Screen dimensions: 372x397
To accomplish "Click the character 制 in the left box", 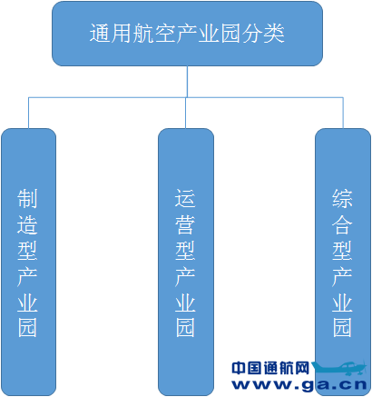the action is coord(27,199).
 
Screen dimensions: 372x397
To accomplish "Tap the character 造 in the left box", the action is coord(27,224).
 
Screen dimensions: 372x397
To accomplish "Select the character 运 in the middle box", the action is coord(185,199).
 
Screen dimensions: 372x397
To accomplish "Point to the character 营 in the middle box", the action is coord(185,224).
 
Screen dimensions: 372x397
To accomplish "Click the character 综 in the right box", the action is coord(342,199).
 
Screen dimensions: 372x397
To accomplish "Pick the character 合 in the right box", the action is coord(342,224).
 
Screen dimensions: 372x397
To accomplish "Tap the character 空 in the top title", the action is coord(165,33).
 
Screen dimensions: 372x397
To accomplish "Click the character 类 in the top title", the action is coord(274,33).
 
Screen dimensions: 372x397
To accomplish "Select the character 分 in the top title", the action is coord(252,33).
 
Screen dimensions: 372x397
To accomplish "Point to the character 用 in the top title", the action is coord(122,33).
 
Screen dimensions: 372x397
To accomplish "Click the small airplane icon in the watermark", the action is coord(339,367).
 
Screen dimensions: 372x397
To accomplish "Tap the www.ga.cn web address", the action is coord(299,384).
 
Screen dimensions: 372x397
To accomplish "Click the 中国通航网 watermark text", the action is coord(270,368).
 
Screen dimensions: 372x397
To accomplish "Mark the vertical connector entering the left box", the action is coord(29,113).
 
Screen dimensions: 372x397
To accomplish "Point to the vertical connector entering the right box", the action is coord(343,113).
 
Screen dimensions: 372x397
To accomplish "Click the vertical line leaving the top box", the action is coord(187,82).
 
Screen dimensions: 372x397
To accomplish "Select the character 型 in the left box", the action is coord(27,250).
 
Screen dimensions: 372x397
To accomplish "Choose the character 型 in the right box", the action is coord(342,250).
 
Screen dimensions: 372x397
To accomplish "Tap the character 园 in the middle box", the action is coord(185,328).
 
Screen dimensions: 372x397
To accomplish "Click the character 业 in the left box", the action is coord(27,302).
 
